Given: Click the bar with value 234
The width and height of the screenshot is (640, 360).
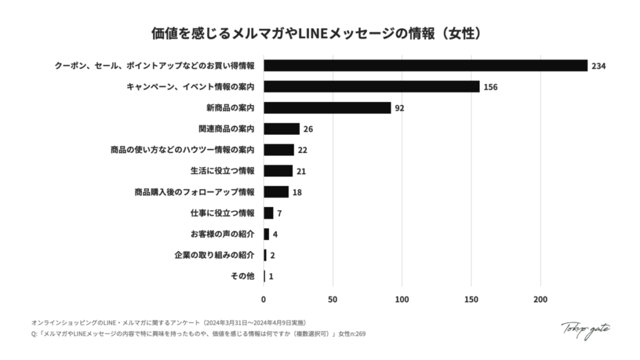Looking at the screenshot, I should (x=425, y=66).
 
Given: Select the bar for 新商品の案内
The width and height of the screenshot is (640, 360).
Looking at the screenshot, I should (x=327, y=107).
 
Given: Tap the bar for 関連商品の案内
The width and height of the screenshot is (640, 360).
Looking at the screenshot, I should (x=281, y=129).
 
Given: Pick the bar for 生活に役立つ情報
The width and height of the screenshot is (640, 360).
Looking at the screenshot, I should (x=277, y=171).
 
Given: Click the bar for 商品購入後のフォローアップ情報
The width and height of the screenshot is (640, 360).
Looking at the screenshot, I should (x=276, y=192).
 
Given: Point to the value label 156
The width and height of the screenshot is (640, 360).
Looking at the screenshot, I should (x=490, y=87).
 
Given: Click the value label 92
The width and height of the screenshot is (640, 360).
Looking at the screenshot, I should (x=399, y=108).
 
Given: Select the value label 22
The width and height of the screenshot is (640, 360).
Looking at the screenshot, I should (x=302, y=150).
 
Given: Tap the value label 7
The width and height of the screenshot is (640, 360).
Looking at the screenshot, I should (x=279, y=213).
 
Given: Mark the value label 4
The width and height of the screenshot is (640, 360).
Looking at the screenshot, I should (x=275, y=234).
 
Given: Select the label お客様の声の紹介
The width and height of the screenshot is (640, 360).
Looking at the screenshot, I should (x=222, y=234).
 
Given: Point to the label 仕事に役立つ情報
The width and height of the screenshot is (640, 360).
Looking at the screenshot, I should (x=222, y=213).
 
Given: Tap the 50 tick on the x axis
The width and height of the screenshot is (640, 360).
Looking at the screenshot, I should (x=332, y=299).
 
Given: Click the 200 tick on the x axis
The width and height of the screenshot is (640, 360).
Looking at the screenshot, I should (x=540, y=299).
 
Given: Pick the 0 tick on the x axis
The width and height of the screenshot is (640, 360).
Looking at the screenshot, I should (x=264, y=299).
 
